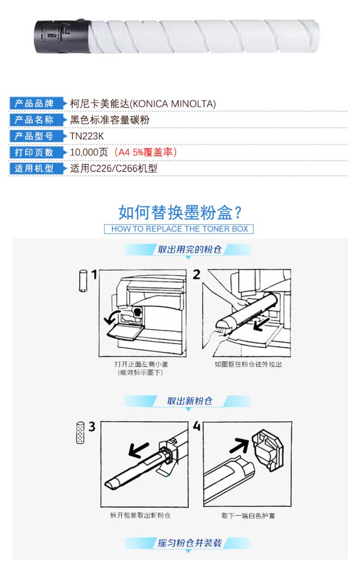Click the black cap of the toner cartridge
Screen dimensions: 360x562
(63, 36)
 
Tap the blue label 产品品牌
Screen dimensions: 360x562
(34, 104)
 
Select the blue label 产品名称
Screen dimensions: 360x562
(34, 120)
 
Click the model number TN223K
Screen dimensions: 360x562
(87, 136)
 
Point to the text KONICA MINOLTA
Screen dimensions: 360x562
(173, 104)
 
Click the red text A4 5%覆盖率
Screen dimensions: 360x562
(146, 152)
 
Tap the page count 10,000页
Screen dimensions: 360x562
(89, 152)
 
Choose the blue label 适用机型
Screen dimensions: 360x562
(34, 168)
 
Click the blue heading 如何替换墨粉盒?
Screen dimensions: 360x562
(180, 213)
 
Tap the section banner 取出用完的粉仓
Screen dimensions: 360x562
(190, 249)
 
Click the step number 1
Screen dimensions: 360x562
(94, 274)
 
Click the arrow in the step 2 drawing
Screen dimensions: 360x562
(261, 325)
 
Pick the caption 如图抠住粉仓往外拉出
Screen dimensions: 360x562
(248, 364)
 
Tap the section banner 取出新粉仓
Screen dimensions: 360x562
(190, 401)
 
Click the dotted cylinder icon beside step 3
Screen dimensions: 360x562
(80, 432)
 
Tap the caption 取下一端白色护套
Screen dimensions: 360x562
(248, 516)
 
